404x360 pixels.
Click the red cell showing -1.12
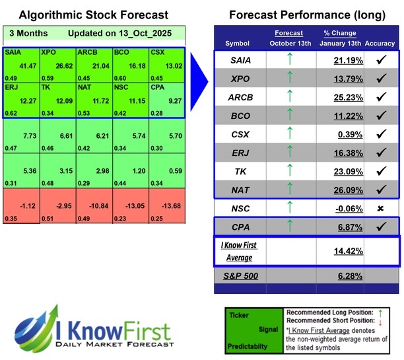click(21, 206)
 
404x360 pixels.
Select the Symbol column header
click(238, 43)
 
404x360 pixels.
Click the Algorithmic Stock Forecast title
click(93, 15)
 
